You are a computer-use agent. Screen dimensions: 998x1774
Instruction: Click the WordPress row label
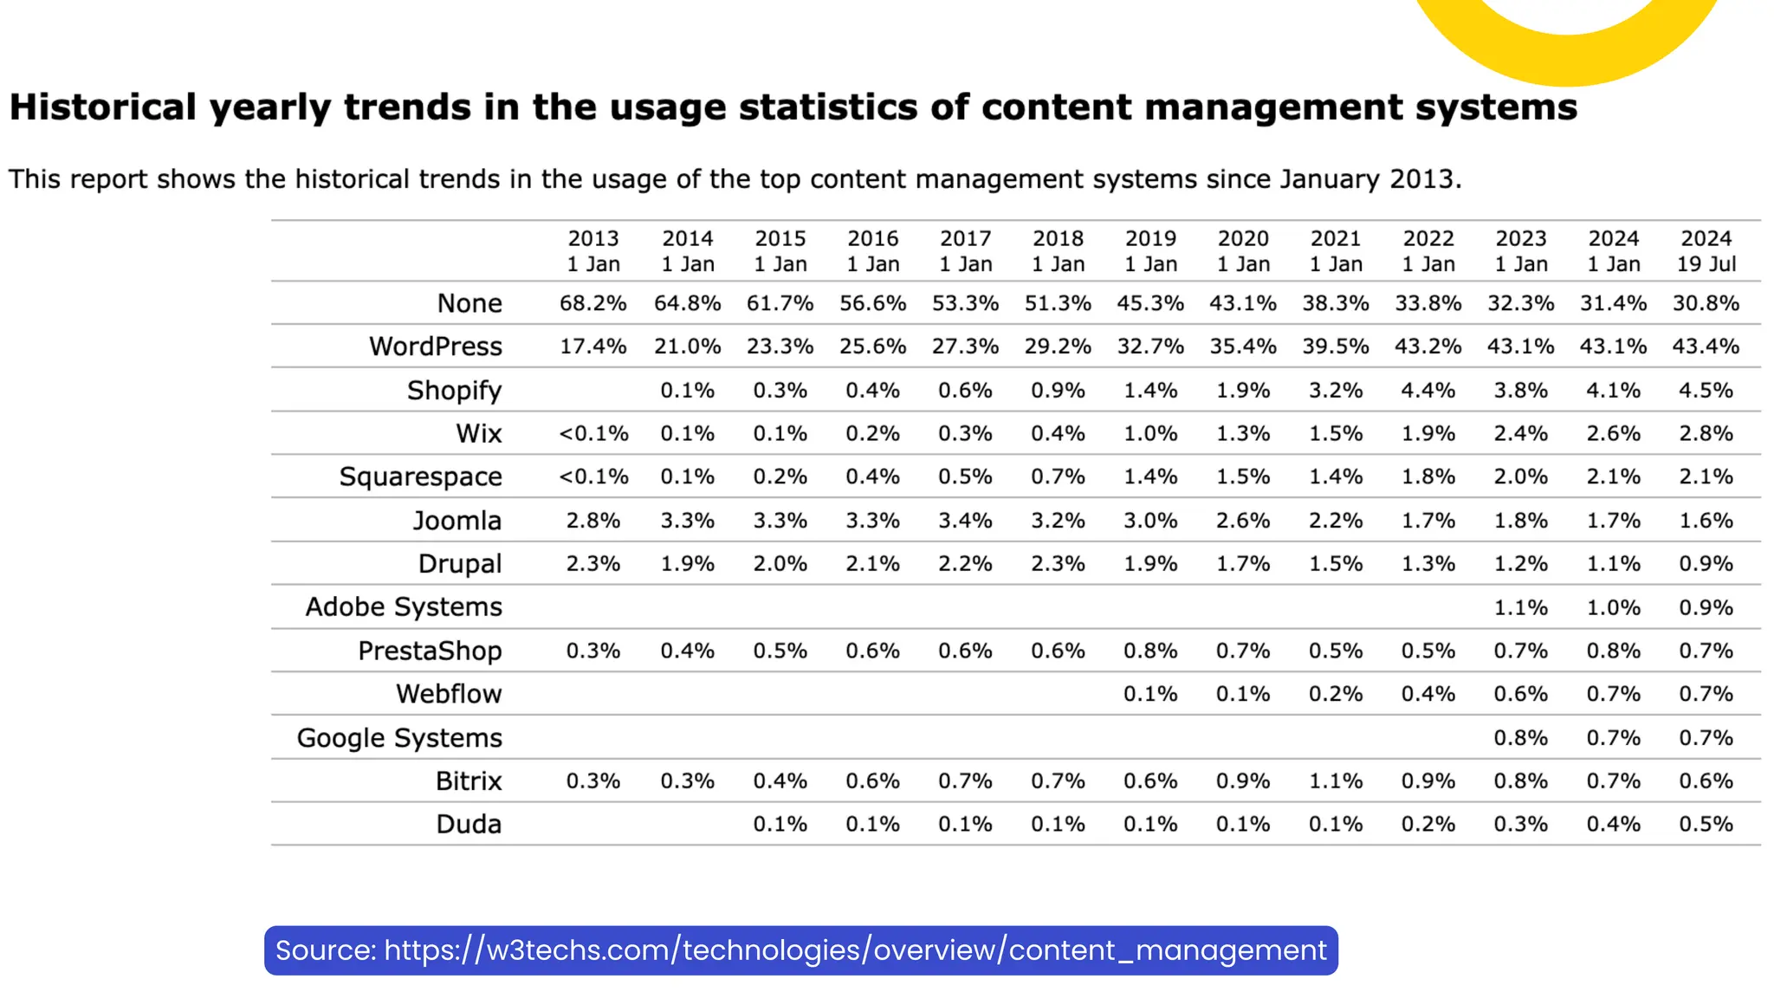[435, 347]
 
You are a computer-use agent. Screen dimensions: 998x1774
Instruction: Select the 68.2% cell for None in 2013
[592, 303]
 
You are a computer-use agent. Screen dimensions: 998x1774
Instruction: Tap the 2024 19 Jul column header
[1706, 251]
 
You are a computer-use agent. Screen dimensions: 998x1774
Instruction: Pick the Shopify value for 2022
[1428, 391]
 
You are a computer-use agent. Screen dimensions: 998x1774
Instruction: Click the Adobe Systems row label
[403, 607]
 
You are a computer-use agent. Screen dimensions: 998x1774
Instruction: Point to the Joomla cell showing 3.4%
[965, 521]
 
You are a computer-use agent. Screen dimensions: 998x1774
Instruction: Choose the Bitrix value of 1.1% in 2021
[1335, 781]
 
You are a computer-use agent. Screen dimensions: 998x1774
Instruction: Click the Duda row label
[469, 824]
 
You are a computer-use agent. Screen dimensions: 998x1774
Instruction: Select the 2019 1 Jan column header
[1150, 251]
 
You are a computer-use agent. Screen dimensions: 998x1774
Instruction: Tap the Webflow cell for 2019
[1150, 694]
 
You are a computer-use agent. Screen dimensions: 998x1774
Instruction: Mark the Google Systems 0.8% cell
[1520, 738]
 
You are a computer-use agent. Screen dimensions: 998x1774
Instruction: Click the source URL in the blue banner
[854, 950]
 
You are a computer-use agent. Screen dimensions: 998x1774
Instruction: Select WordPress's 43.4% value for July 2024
[1705, 347]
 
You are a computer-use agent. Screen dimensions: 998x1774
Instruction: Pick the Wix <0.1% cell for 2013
[592, 433]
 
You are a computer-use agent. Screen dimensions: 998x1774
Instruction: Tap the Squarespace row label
[420, 477]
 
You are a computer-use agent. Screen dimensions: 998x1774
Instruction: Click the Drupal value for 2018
[1058, 564]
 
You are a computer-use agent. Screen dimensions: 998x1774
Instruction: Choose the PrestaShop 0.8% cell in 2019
[1150, 651]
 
